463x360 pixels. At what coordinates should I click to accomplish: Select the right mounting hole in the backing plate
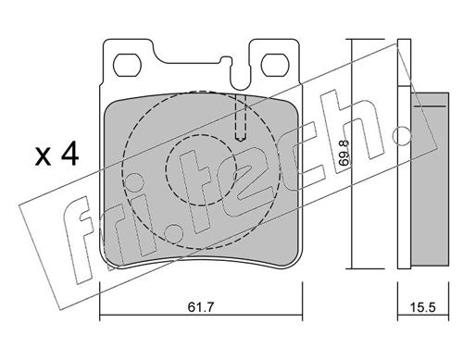pos(275,65)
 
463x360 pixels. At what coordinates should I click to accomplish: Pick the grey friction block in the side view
pos(428,176)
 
